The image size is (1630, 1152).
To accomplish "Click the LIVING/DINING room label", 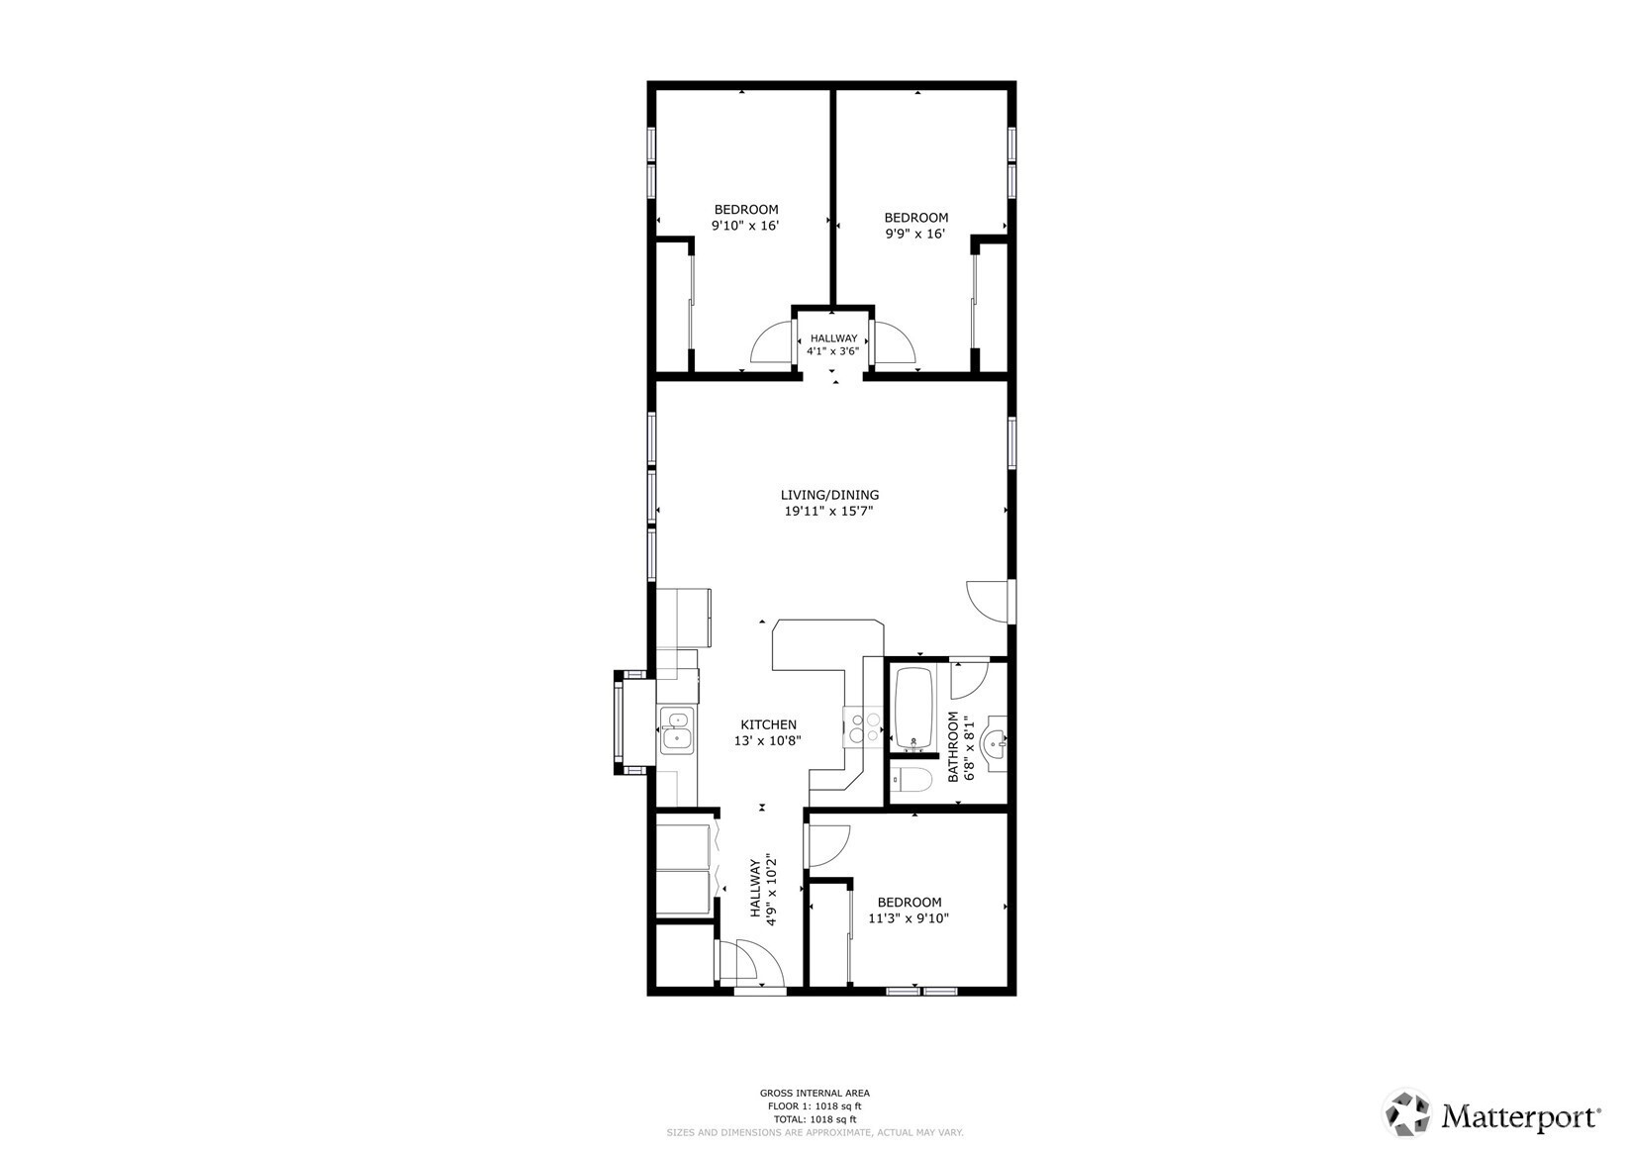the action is coord(829,495).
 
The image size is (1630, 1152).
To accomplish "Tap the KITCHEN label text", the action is coord(768,724).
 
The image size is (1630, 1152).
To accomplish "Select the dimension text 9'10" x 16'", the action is coord(745,226).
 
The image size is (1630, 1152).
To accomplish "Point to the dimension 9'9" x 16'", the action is coord(914,234).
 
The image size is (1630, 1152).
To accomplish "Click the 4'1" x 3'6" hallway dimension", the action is coord(833,350).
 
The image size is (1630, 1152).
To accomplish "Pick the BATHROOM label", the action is coord(952,746).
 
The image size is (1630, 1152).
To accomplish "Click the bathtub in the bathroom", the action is coord(913,708).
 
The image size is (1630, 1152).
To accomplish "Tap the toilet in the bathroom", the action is coord(911,781).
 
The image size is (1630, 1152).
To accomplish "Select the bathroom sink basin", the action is coord(994,741).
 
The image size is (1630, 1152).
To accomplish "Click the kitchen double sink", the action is coord(676,731).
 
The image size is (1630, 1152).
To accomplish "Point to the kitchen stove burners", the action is coord(863,727).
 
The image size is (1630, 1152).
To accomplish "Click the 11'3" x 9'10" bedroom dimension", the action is coord(909,918).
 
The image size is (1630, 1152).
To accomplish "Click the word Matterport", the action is coord(1521,1115).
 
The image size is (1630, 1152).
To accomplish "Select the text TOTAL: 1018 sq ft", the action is coord(815,1119).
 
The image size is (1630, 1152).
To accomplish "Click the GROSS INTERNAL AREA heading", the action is coord(815,1093).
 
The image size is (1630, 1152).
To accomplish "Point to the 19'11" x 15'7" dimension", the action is coord(828,511).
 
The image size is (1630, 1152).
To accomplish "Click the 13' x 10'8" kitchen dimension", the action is coord(768,741).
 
